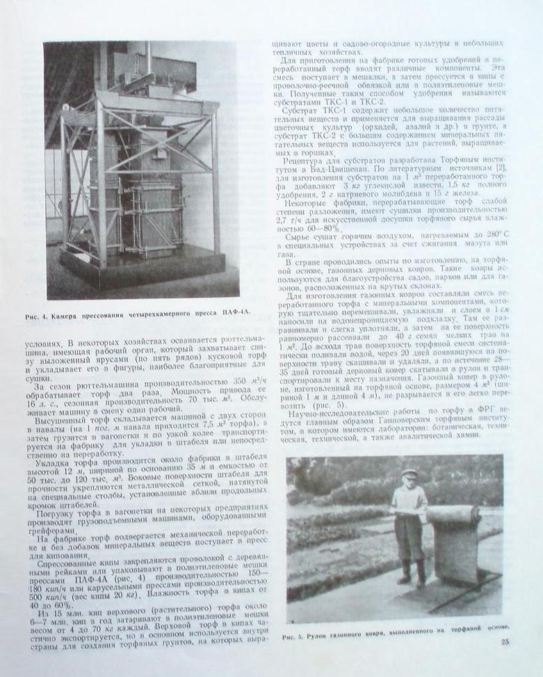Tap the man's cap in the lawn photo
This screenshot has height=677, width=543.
coord(409,474)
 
